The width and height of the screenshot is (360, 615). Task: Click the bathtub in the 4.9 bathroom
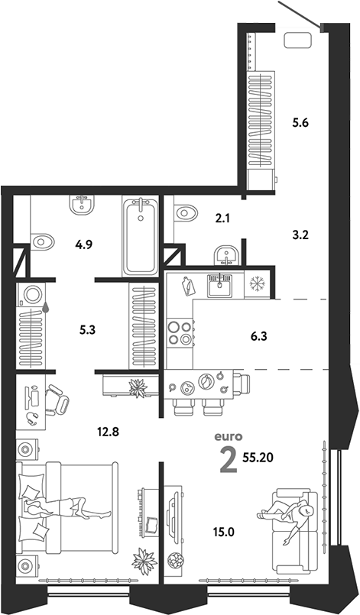140,236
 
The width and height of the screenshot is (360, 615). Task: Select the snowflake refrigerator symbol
258,282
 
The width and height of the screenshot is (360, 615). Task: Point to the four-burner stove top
180,332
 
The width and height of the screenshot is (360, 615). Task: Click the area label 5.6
300,123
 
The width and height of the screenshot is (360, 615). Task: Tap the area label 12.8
108,432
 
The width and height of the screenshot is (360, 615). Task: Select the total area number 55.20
258,458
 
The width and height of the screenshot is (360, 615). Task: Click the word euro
228,436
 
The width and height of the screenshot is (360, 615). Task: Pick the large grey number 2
228,460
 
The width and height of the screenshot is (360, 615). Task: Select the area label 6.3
258,336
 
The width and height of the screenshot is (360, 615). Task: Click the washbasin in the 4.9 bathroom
82,205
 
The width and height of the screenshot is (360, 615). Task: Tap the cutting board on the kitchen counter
188,286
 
